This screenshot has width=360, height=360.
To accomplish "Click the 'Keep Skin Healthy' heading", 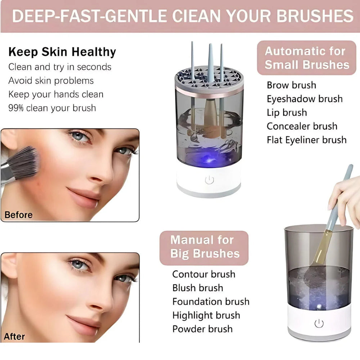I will pos(62,52).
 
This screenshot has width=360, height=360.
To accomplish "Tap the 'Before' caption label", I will pos(18,215).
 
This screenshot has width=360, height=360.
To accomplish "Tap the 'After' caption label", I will pos(14,337).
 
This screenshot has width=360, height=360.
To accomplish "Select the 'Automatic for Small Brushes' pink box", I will pos(307,58).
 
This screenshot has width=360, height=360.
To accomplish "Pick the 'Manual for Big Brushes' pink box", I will pos(204,247).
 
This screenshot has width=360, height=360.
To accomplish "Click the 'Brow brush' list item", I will pos(291,85).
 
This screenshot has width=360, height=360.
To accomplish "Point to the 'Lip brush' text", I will pos(287,113).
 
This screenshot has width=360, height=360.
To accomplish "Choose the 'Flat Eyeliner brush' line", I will pos(306,140).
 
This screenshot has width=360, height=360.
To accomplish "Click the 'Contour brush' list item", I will pos(203,274).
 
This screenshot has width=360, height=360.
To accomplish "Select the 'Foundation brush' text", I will pos(211,302).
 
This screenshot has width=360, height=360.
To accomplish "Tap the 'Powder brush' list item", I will pos(202,329).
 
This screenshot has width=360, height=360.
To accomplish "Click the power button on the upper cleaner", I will pos(210,180).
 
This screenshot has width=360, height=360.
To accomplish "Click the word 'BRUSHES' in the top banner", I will pos(312,16).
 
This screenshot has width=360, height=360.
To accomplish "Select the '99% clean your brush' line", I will pos(52,108).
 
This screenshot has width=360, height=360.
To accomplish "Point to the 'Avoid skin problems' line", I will pos(51,81).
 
